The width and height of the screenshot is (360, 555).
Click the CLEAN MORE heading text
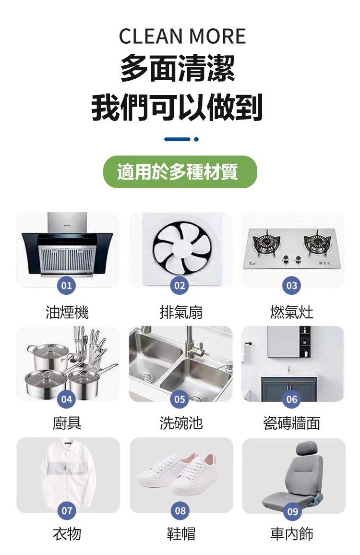click(182, 36)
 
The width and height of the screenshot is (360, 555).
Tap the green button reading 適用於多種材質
click(180, 172)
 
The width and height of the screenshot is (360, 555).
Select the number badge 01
click(67, 285)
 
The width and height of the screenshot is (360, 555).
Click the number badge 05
click(180, 399)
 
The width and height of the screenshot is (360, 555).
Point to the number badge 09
click(292, 511)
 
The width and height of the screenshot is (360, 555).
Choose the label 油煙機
click(67, 312)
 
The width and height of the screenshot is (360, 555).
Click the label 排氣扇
click(181, 312)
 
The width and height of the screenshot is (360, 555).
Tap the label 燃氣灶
click(292, 312)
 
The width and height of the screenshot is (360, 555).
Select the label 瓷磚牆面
click(292, 423)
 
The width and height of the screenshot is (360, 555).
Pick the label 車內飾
click(292, 534)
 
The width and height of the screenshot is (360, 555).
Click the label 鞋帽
click(181, 534)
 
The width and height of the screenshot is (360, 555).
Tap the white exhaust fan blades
click(182, 248)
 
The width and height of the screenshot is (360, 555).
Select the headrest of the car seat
click(306, 449)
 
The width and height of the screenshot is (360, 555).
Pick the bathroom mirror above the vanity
click(284, 341)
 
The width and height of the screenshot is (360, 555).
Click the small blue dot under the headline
click(196, 139)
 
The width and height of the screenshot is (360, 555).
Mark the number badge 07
click(67, 511)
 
